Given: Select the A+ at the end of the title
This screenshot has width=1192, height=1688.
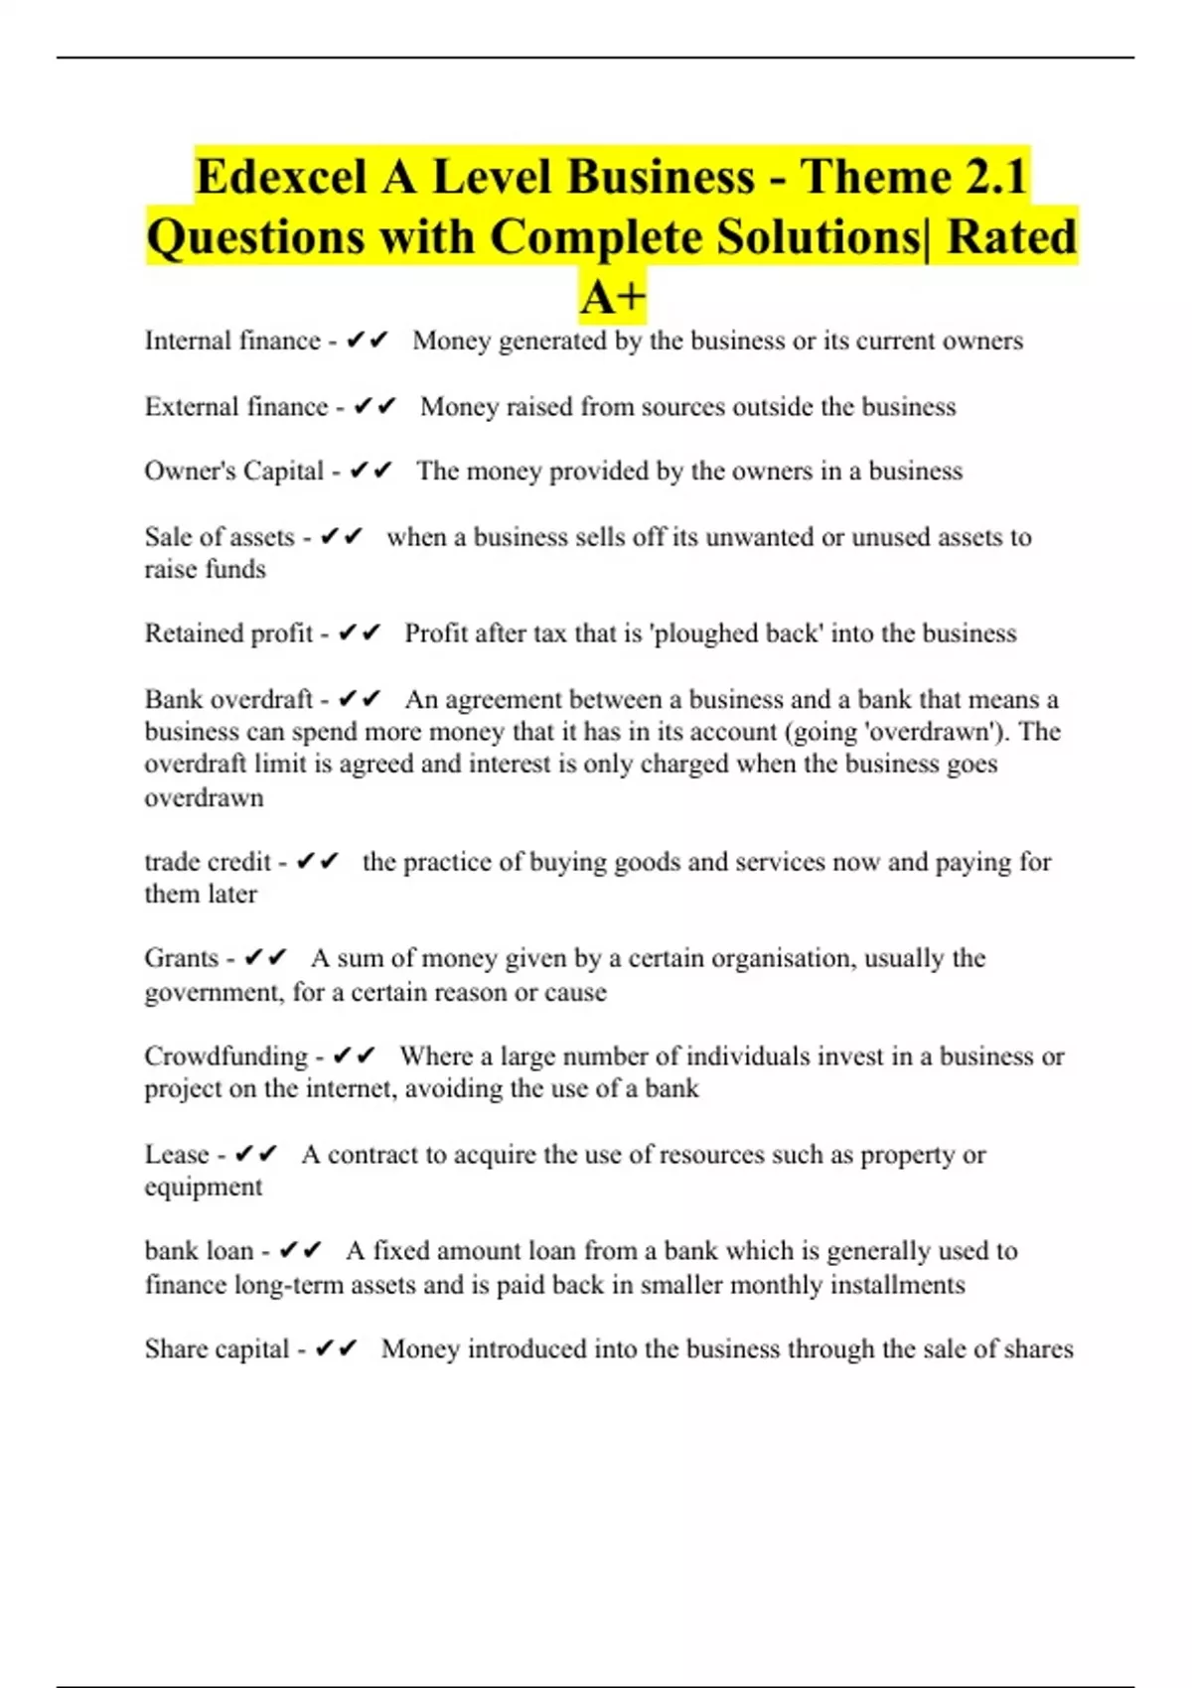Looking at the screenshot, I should (613, 297).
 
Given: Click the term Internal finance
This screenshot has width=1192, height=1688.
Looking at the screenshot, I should (232, 341).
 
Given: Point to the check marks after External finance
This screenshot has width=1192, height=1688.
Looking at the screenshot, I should (374, 406).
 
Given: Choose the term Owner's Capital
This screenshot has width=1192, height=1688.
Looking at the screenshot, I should (234, 471).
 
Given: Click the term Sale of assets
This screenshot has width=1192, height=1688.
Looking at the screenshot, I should (220, 537).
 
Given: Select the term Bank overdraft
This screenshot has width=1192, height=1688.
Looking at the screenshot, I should (228, 699).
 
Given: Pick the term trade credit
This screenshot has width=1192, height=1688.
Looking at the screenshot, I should (208, 861).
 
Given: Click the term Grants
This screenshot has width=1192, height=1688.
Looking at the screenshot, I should (182, 958).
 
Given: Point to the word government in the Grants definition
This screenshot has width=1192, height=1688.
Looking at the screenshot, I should (213, 992).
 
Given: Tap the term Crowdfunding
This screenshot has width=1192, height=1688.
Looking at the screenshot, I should (226, 1055).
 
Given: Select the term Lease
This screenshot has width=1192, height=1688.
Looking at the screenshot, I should (177, 1154).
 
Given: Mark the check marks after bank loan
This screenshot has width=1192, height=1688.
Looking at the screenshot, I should (301, 1250).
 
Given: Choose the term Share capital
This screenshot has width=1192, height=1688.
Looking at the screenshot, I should (217, 1348).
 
